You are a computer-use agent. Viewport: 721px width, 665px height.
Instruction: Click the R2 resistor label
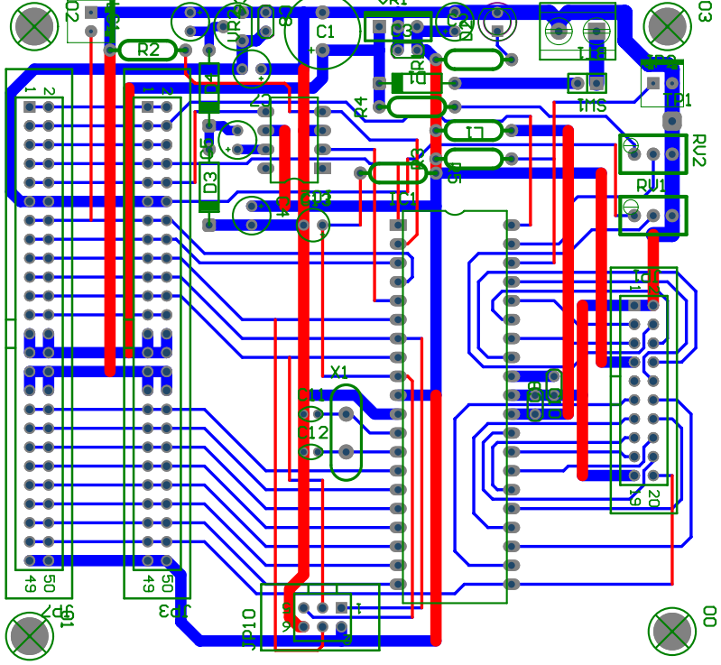[x=149, y=51]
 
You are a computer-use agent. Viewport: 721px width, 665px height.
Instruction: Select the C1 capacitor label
[x=326, y=32]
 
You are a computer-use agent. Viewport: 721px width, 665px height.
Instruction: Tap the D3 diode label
[x=209, y=180]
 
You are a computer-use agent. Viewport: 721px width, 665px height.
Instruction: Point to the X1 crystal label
[x=339, y=371]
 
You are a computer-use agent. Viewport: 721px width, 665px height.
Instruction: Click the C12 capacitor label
[x=313, y=433]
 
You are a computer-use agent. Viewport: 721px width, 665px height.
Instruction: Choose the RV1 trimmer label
[x=651, y=185]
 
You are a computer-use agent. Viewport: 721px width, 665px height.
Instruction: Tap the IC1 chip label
[x=402, y=199]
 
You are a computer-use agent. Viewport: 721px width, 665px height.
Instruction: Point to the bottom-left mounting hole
[x=29, y=633]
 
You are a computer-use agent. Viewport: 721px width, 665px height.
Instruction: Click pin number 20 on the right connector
[x=653, y=495]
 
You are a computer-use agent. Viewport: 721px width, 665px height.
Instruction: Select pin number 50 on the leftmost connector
[x=49, y=582]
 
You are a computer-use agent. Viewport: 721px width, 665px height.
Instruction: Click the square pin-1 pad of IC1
[x=397, y=225]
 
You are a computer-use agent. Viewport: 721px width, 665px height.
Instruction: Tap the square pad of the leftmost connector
[x=30, y=107]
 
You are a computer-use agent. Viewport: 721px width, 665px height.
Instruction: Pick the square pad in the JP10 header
[x=341, y=607]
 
